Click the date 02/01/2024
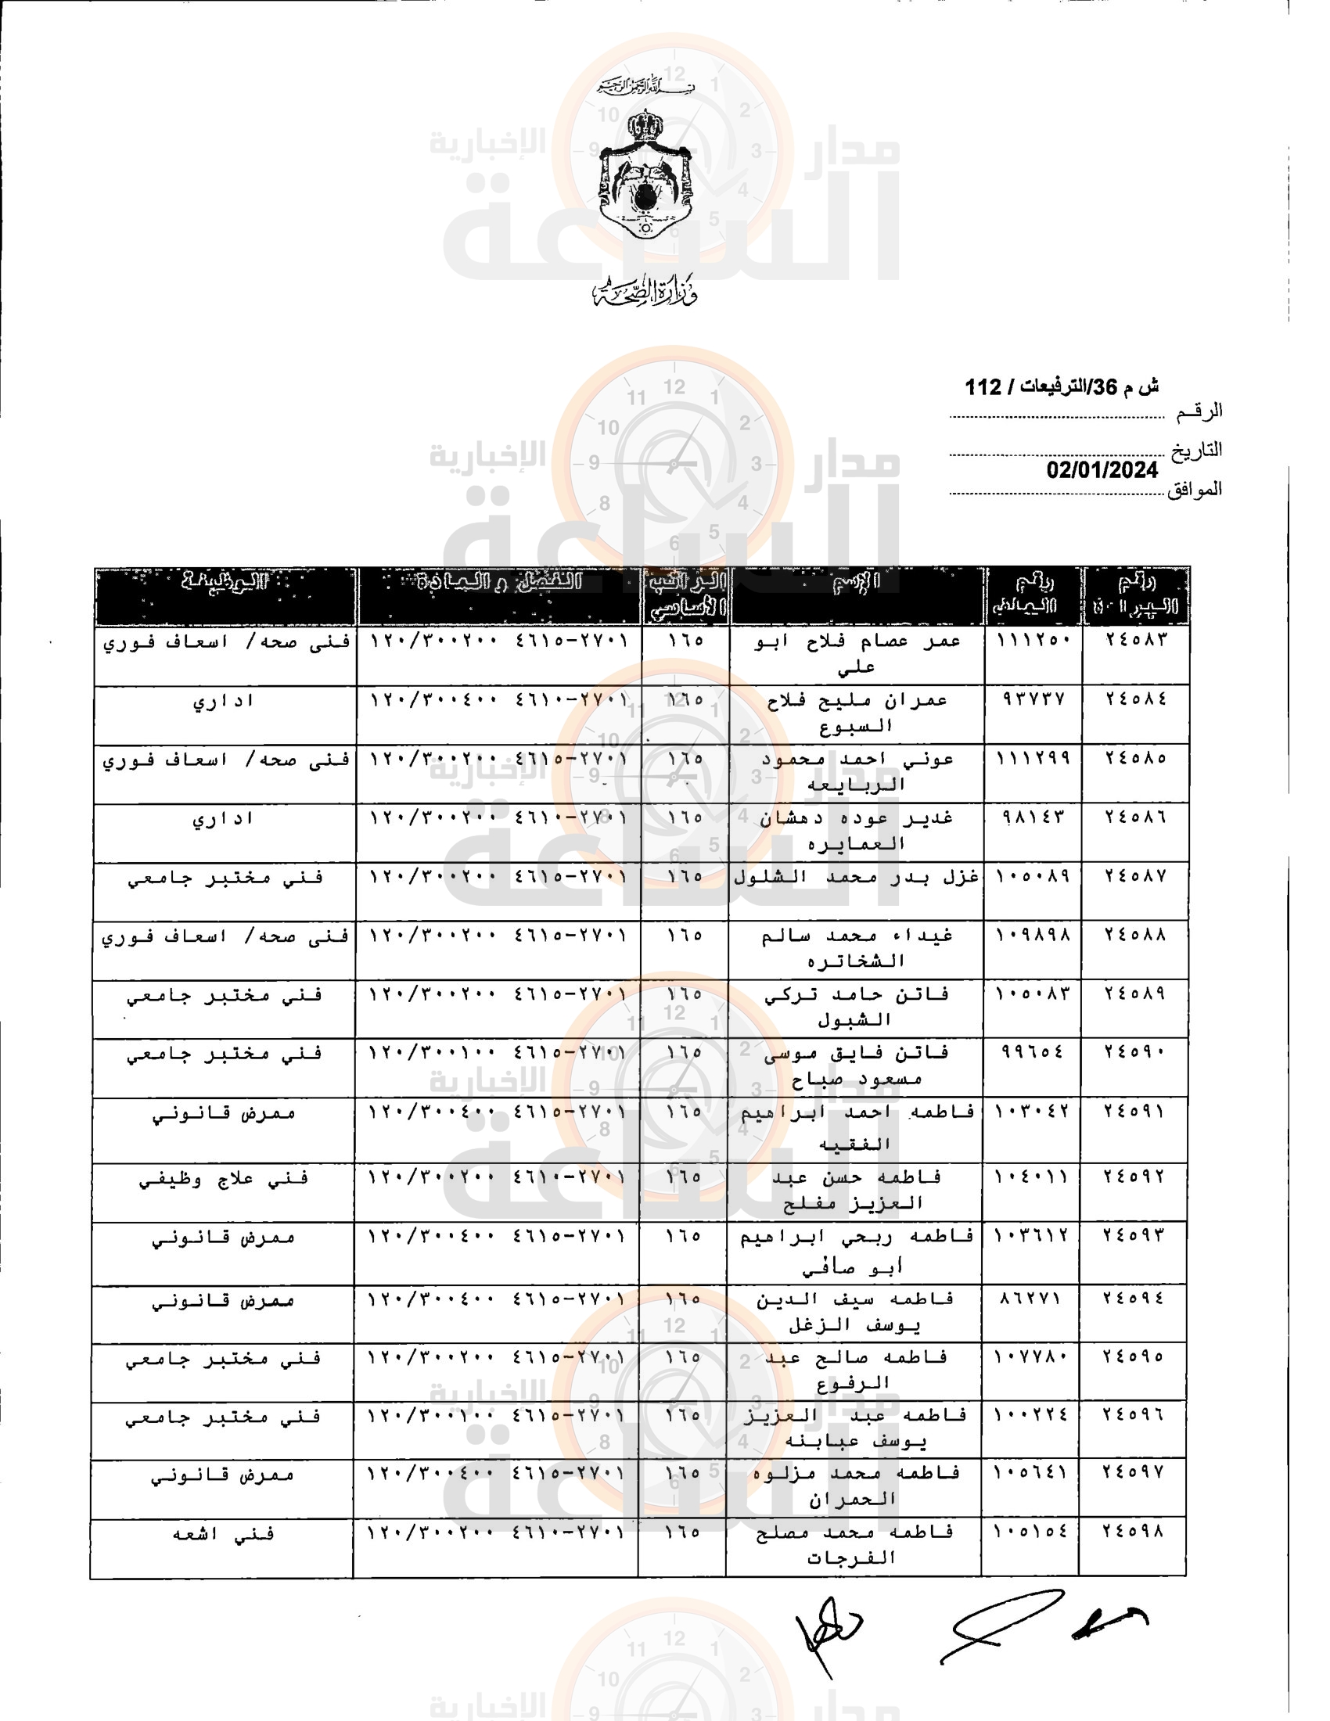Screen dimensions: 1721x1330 (x=1102, y=470)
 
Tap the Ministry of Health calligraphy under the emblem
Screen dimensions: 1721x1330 (x=645, y=293)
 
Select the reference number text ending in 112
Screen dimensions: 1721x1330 (x=1061, y=387)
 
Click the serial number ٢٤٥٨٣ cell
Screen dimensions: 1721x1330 (x=1135, y=639)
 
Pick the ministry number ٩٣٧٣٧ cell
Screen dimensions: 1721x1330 (x=1033, y=699)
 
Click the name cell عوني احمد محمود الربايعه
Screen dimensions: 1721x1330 (x=856, y=771)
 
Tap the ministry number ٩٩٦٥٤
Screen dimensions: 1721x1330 (x=1032, y=1052)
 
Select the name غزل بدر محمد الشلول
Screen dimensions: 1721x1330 (x=857, y=877)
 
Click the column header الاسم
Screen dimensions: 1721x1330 (x=857, y=582)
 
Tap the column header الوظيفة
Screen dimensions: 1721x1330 (x=225, y=582)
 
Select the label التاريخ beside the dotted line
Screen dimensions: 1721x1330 (x=1195, y=450)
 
